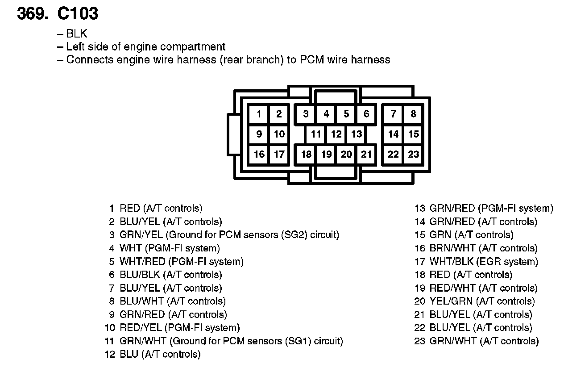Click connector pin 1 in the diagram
(259, 114)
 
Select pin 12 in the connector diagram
(336, 134)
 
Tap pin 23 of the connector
(414, 154)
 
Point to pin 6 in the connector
(366, 114)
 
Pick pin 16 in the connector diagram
(259, 154)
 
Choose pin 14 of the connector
(393, 134)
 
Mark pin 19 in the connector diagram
(326, 154)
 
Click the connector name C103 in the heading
(78, 14)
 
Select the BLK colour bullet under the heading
(77, 33)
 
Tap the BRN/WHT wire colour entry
(448, 248)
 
